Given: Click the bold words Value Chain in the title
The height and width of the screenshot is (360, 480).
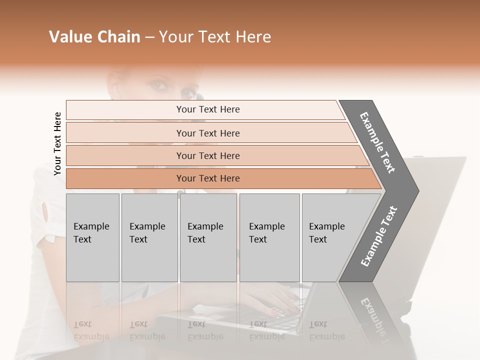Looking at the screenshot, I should (x=94, y=37).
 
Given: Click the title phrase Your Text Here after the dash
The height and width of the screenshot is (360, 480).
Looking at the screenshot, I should (x=215, y=37).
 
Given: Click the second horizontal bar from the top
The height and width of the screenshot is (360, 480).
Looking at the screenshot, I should (x=208, y=133).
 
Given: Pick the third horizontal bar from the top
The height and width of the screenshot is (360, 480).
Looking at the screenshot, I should (x=208, y=155).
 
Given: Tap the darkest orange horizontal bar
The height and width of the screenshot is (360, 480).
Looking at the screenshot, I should (x=208, y=178).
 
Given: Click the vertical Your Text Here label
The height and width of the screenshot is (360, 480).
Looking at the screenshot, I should (x=57, y=143).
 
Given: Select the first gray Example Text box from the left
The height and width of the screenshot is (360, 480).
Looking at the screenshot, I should (x=92, y=237).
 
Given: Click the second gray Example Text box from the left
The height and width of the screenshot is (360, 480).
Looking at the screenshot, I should (x=149, y=237).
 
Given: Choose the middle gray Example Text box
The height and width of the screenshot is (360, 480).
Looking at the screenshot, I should (x=208, y=237).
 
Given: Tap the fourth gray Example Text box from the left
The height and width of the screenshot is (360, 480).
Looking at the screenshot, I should (x=269, y=237).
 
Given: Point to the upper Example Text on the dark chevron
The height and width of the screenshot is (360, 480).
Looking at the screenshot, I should (x=378, y=142).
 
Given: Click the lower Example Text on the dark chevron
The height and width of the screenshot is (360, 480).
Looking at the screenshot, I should (x=378, y=236).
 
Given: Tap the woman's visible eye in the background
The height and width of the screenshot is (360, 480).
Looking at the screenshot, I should (x=159, y=85).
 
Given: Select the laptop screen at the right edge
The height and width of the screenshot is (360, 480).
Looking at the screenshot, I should (x=440, y=210).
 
